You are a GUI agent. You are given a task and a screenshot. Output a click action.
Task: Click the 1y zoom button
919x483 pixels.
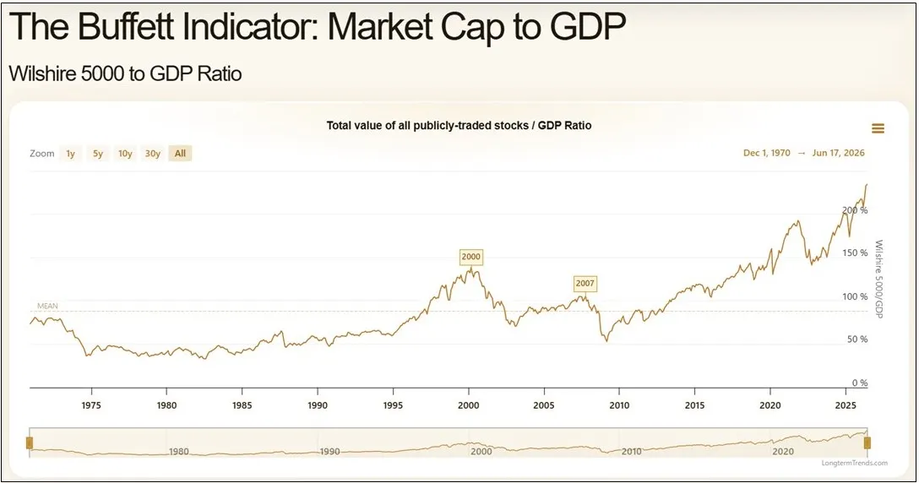(x=70, y=154)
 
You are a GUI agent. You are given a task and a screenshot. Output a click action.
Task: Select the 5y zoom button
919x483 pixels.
(x=98, y=154)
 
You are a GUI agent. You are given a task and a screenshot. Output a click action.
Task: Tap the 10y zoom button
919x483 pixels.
(x=125, y=154)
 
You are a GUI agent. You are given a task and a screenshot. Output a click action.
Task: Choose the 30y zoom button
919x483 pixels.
(x=153, y=154)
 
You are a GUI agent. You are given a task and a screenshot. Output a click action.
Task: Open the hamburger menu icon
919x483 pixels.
(x=878, y=128)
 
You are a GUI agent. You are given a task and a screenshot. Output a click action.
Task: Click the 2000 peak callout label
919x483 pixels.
(x=470, y=256)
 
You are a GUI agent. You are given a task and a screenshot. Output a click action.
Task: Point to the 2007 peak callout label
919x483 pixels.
(x=585, y=283)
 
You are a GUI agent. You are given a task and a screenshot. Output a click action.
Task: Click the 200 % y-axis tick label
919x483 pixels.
(x=855, y=210)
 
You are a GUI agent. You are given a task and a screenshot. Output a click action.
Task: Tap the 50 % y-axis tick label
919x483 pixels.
(x=857, y=339)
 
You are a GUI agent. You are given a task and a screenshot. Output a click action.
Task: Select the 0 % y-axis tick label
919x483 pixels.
(x=860, y=383)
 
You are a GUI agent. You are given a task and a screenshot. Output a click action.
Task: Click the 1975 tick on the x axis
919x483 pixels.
(x=91, y=405)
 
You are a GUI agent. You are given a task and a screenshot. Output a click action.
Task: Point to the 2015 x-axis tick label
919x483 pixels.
(x=694, y=405)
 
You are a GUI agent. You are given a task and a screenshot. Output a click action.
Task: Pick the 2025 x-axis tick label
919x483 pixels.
(x=846, y=405)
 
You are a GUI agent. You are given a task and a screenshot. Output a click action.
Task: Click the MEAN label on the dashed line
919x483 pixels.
(x=47, y=306)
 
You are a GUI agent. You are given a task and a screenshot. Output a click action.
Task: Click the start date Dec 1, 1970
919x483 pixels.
(x=767, y=153)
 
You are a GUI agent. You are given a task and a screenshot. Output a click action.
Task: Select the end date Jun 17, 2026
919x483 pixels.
(x=838, y=153)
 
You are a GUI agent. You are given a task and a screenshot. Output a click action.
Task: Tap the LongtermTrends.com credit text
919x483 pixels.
(x=855, y=463)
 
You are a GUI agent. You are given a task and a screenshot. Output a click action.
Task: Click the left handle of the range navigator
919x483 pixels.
(x=30, y=442)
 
